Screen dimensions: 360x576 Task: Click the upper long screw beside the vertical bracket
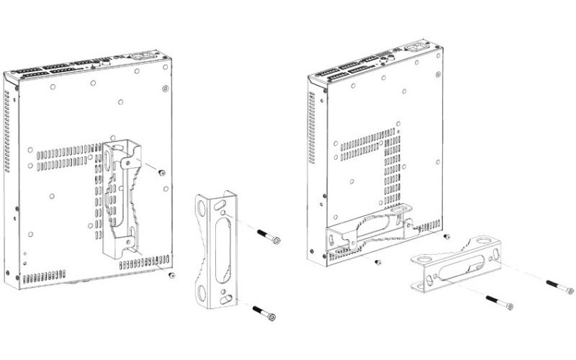[267, 237]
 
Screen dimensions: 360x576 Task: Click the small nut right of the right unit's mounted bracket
[447, 235]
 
